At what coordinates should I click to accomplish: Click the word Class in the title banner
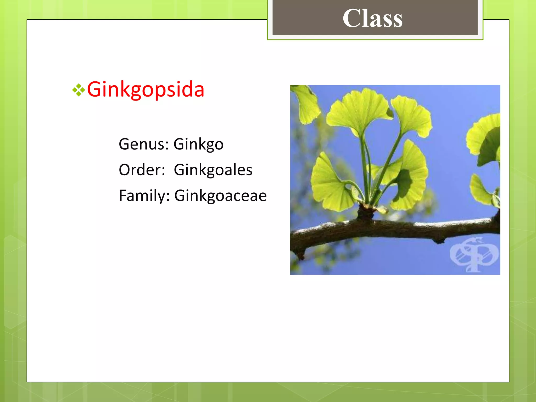pyautogui.click(x=372, y=18)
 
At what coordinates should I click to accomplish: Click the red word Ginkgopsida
pyautogui.click(x=146, y=90)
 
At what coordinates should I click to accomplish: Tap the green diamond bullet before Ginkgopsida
pyautogui.click(x=79, y=90)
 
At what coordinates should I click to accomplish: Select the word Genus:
pyautogui.click(x=144, y=144)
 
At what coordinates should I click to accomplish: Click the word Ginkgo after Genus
pyautogui.click(x=198, y=144)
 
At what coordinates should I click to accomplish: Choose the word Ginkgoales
pyautogui.click(x=213, y=170)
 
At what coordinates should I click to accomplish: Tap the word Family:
pyautogui.click(x=144, y=196)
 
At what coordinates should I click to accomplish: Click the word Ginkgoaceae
pyautogui.click(x=220, y=196)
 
